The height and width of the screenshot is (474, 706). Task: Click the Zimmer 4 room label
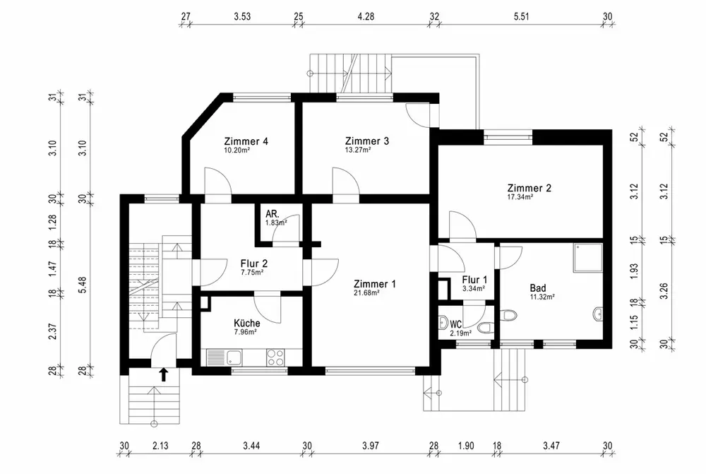[x=246, y=141]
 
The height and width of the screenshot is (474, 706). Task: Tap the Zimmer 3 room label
[x=367, y=141]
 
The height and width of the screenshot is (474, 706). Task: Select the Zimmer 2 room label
[x=529, y=188]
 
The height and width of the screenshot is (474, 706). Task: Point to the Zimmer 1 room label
[x=375, y=284]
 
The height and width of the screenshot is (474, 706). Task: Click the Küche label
[x=246, y=323]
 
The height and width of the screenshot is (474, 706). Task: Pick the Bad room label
[x=537, y=288]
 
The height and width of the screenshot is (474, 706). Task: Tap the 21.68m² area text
[x=366, y=293]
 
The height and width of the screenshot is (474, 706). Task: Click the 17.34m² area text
[x=520, y=197]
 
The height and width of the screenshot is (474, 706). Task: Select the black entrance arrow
[x=164, y=374]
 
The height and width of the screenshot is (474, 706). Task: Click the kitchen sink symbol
[x=225, y=357]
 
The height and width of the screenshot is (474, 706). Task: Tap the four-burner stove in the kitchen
[x=275, y=357]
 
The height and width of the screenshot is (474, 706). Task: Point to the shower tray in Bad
[x=588, y=258]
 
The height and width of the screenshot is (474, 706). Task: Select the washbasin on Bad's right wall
[x=598, y=314]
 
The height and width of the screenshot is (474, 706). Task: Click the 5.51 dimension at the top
[x=521, y=17]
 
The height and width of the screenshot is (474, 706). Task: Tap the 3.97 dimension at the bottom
[x=370, y=446]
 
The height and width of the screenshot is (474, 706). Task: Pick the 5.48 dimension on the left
[x=82, y=285]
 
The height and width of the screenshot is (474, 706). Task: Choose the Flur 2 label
[x=254, y=263]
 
